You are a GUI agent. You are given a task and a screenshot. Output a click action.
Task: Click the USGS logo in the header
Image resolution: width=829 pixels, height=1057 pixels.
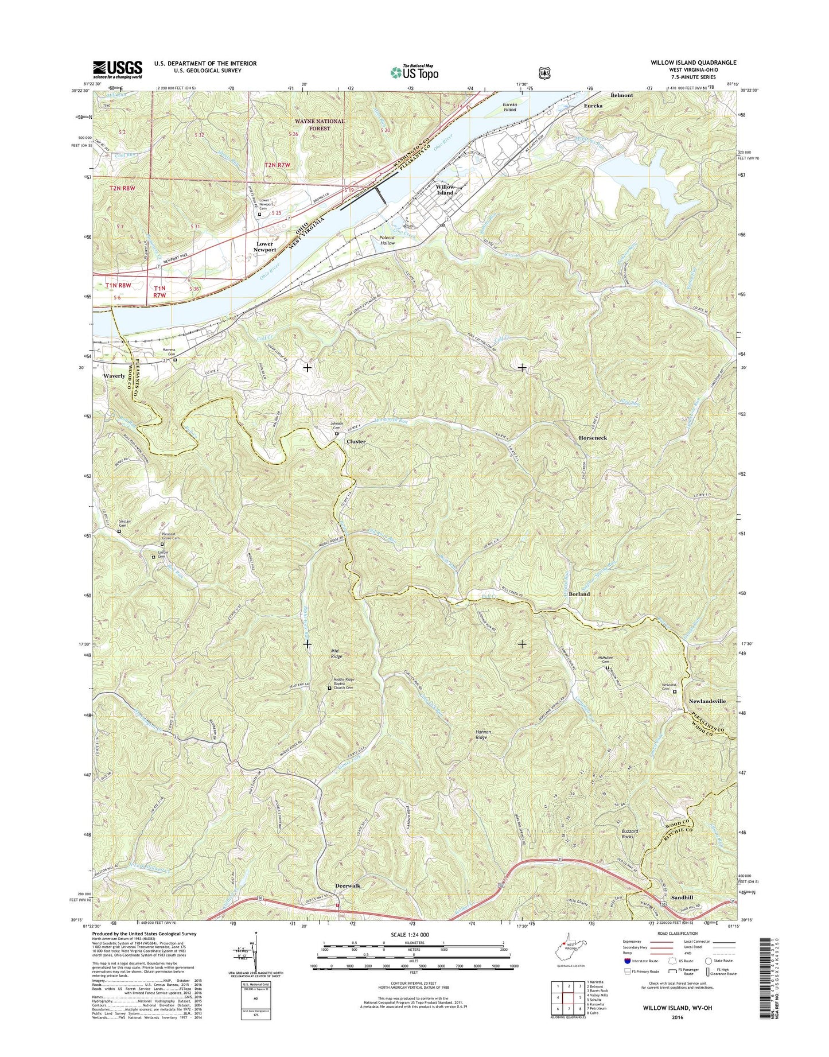click(118, 69)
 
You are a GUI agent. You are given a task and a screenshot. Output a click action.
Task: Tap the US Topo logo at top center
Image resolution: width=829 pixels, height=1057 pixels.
click(414, 72)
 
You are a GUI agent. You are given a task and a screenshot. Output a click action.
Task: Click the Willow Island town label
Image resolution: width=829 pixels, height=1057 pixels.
click(445, 190)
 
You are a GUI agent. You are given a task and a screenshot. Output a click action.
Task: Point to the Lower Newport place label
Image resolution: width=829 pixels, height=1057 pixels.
click(264, 247)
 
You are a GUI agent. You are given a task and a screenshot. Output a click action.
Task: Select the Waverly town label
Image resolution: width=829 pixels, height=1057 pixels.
click(114, 376)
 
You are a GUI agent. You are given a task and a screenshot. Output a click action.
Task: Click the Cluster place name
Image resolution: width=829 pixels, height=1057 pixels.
click(356, 442)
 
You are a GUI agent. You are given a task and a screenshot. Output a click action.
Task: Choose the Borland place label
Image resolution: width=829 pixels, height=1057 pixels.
click(579, 594)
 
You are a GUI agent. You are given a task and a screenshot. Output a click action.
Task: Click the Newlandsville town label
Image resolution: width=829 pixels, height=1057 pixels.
click(707, 701)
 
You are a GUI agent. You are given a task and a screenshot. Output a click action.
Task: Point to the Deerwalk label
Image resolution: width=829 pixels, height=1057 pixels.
click(348, 886)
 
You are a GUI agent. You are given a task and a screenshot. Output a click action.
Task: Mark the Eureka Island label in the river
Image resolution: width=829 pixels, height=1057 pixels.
click(509, 107)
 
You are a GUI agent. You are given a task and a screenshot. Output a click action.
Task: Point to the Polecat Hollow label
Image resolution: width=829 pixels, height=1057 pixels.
click(387, 240)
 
